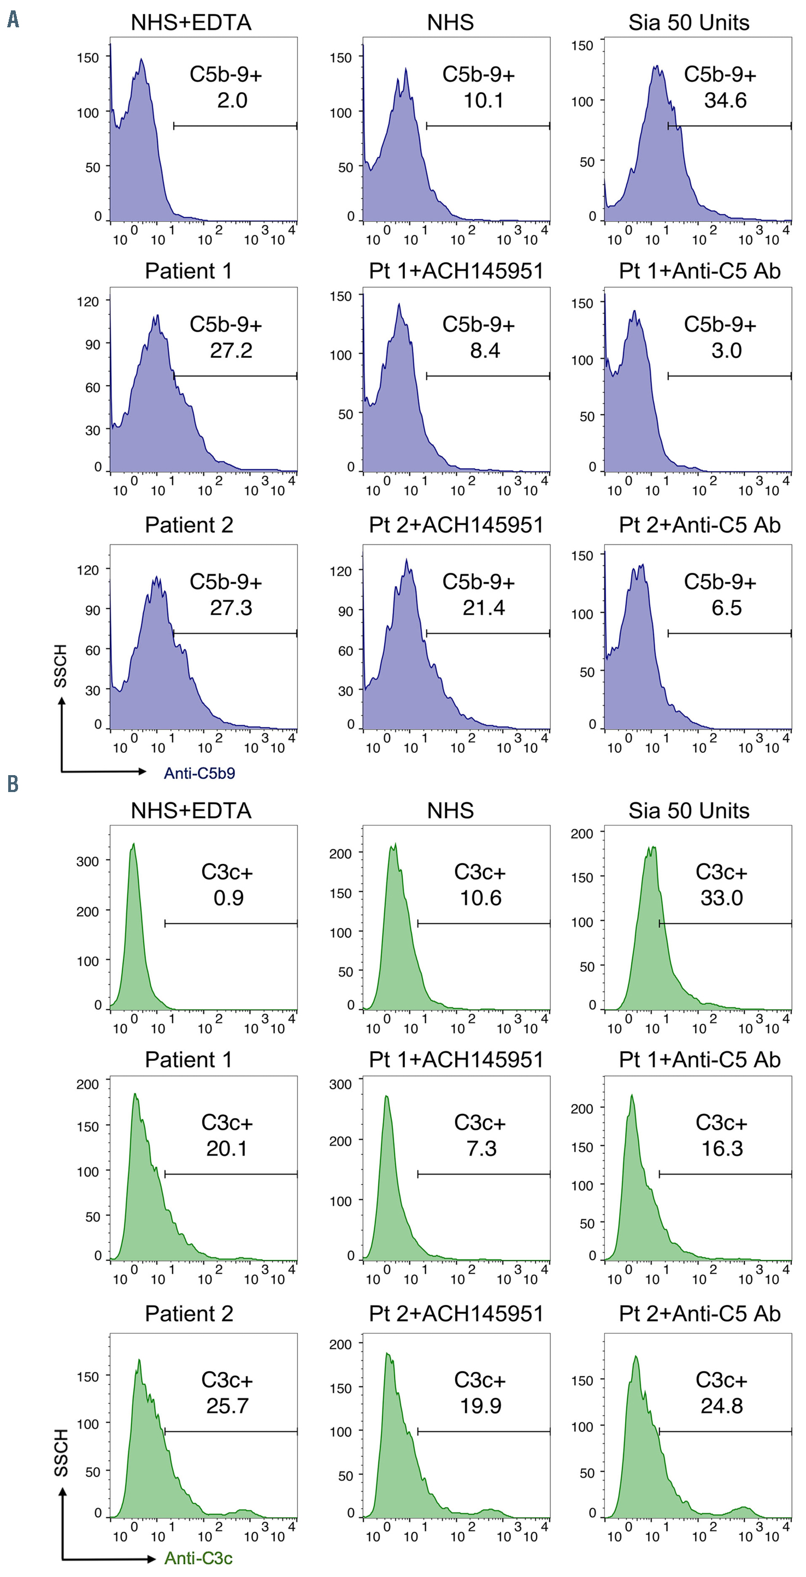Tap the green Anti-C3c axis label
(x=198, y=1558)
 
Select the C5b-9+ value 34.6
(x=725, y=101)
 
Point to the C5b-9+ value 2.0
(x=232, y=101)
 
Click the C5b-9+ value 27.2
(x=231, y=350)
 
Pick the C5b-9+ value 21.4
(x=484, y=607)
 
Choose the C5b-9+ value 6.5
(x=726, y=607)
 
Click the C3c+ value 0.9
(x=228, y=897)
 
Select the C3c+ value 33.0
(x=721, y=897)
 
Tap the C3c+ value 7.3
(x=481, y=1148)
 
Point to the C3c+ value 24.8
(x=721, y=1405)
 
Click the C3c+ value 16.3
(x=721, y=1148)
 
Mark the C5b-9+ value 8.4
(x=485, y=350)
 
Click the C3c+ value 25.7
(x=227, y=1405)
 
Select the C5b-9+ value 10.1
(x=484, y=101)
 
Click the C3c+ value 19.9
(x=481, y=1405)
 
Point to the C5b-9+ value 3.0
(x=726, y=350)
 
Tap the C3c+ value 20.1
(x=227, y=1148)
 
